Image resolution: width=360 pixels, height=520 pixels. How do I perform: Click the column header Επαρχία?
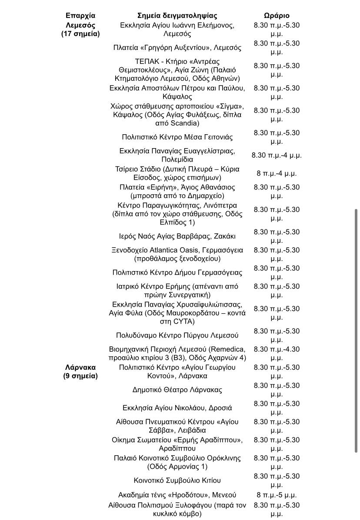tap(80, 16)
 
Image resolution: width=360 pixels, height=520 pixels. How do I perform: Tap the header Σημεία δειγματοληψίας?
tap(177, 16)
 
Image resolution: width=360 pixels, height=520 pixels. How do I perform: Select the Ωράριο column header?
tap(277, 16)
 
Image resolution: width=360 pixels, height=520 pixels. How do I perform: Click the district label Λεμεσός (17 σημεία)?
tap(80, 30)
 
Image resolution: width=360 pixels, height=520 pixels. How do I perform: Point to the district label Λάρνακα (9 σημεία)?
tap(80, 371)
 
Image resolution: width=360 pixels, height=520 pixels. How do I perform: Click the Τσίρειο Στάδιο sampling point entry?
tap(177, 173)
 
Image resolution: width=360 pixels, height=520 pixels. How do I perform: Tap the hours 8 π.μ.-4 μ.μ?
tap(277, 173)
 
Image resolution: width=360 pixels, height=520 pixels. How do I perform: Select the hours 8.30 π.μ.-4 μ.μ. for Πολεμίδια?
tap(277, 155)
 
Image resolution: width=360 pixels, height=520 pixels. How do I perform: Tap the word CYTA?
tap(185, 321)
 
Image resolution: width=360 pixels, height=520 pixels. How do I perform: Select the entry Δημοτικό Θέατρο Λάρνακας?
tap(177, 390)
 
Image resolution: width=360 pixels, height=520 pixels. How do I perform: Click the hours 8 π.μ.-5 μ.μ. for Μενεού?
tap(277, 495)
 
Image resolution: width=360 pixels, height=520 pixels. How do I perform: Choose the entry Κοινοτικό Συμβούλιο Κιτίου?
tap(177, 480)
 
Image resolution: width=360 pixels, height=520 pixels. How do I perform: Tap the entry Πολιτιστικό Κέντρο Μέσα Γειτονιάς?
tap(177, 137)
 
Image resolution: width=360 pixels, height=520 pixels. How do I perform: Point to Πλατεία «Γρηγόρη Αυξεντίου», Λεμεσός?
tap(177, 47)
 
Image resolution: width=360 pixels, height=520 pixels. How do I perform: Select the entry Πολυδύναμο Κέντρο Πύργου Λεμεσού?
tap(177, 335)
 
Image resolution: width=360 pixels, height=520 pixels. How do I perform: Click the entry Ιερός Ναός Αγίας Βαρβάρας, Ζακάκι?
tap(177, 236)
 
